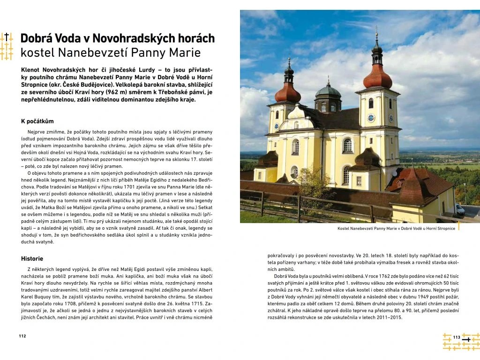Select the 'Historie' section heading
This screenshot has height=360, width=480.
pos(32,258)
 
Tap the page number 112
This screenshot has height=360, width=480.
pos(22,336)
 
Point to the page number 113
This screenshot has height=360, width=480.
pos(457,337)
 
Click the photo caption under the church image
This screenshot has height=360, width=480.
pos(396,229)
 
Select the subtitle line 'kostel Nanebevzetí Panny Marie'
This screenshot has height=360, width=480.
pos(110,52)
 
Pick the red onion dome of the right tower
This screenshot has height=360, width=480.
pos(377,76)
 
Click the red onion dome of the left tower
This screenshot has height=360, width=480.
pos(288,92)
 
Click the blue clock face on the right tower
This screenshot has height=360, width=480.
pos(371,118)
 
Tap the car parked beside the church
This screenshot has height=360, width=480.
pos(459,210)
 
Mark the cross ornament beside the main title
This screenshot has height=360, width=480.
pos(7,46)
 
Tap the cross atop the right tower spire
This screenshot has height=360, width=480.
pos(376,30)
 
